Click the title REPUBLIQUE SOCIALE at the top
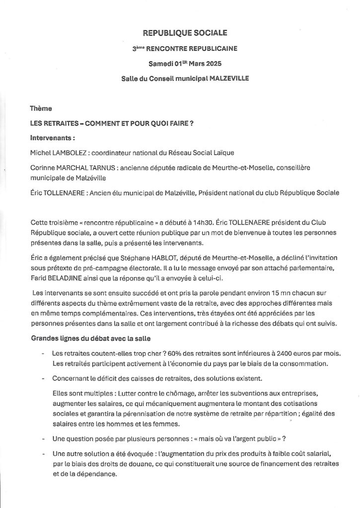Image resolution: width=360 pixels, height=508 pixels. coord(185,33)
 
